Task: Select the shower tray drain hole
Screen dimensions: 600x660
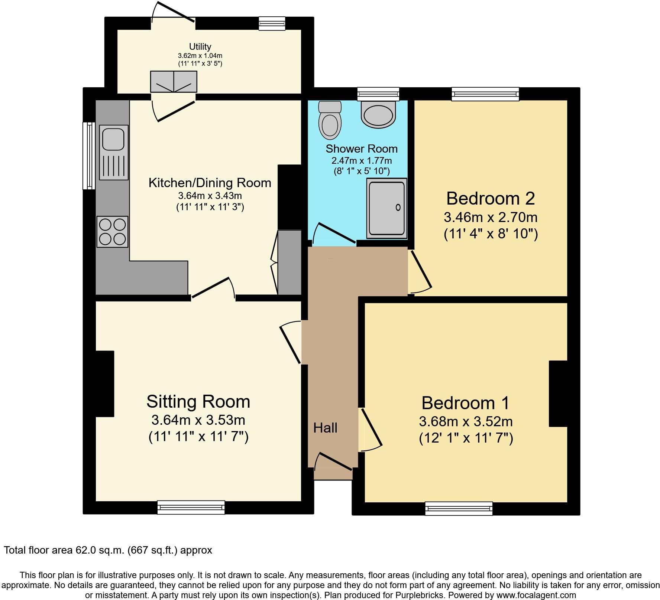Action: coord(398,208)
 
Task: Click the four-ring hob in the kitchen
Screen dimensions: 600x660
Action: coord(113,232)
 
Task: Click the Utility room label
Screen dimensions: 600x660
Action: coord(200,46)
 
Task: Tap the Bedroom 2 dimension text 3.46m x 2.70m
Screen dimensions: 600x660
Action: coord(491,217)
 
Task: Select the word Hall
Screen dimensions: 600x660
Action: coord(325,428)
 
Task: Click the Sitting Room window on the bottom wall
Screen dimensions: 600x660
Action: coord(191,507)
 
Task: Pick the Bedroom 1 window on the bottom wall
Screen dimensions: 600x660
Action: coord(459,508)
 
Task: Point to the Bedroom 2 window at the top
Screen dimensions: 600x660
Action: coord(485,94)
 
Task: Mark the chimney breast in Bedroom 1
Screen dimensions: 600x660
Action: coord(558,394)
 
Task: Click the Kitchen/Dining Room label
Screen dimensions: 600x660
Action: coord(210,183)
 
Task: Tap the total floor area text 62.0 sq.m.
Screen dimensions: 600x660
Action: coord(108,550)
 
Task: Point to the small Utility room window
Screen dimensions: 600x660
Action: coord(272,23)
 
